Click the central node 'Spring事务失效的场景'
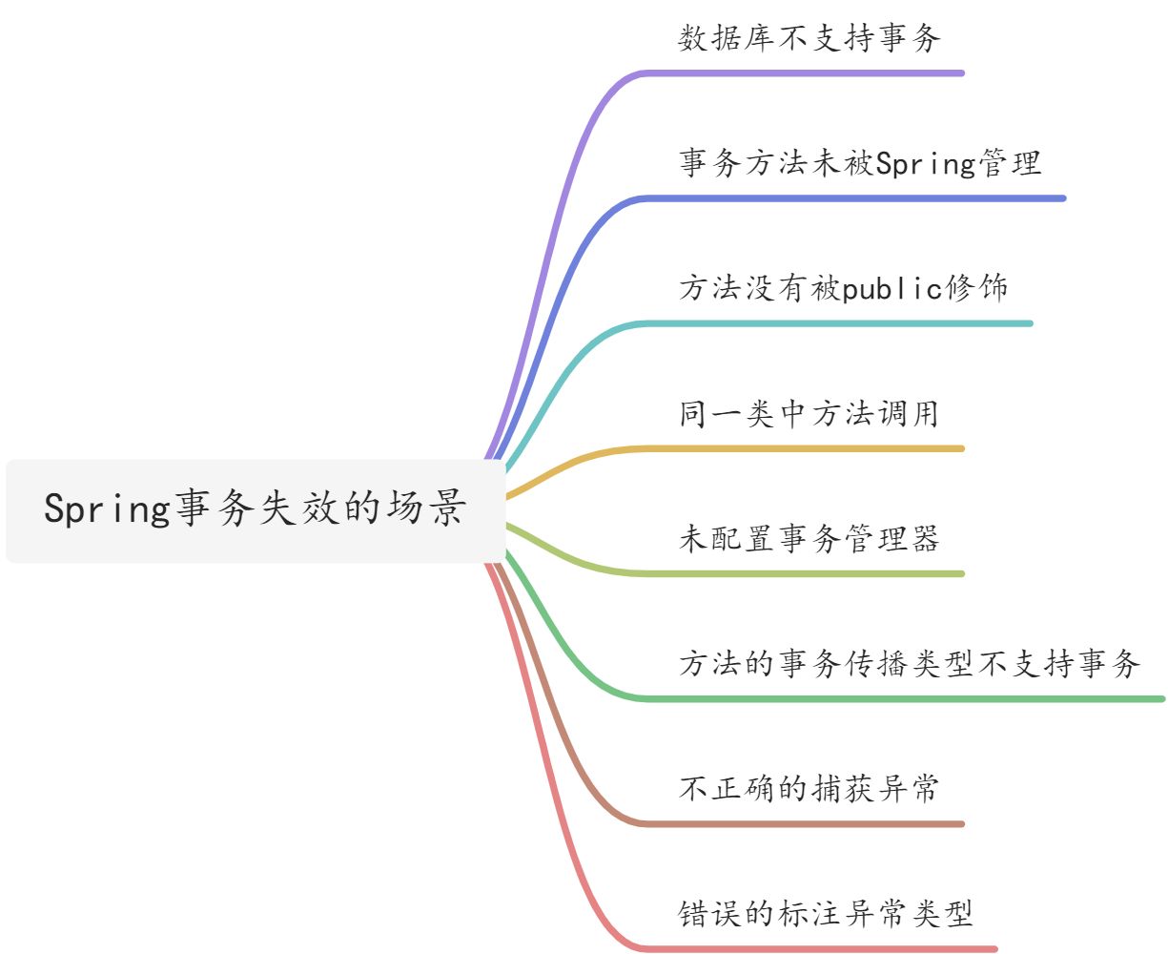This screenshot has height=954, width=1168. (256, 509)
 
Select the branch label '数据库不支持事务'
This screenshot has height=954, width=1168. (809, 38)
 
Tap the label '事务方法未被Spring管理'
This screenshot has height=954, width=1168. (860, 163)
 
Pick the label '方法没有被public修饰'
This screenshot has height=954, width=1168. (844, 288)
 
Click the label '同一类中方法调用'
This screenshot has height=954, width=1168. (809, 414)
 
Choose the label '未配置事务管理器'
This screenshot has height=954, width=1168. (809, 539)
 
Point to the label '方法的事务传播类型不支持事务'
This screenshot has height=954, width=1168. (910, 664)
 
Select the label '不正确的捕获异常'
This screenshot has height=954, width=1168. (809, 789)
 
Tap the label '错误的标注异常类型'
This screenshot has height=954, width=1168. (826, 914)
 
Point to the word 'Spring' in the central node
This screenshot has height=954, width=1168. (107, 509)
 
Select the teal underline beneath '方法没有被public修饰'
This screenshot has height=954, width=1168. (839, 323)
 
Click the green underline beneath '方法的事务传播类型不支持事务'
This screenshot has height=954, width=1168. (906, 699)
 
